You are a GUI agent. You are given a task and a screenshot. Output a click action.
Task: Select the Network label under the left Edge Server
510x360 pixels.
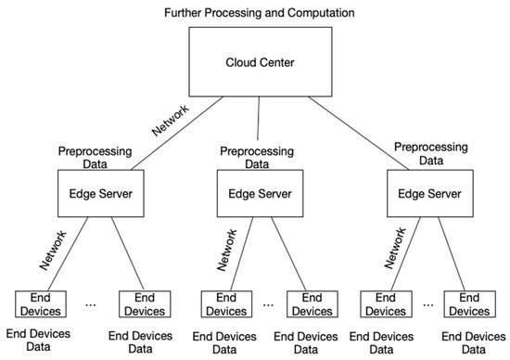pos(52,249)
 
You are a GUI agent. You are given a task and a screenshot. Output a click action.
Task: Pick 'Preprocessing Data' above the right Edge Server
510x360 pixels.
pos(424,153)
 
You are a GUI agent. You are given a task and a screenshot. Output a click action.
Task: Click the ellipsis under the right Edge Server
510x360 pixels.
pos(430,304)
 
